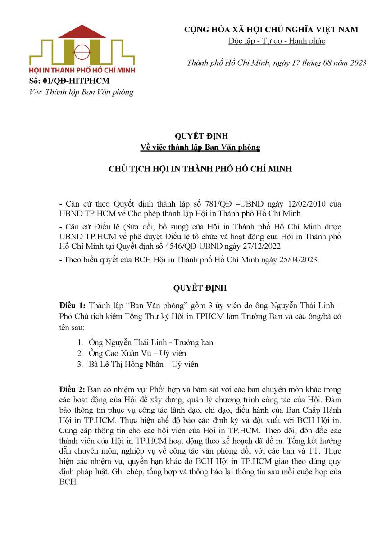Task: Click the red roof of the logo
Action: tap(82, 32)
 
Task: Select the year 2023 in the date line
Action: tap(358, 63)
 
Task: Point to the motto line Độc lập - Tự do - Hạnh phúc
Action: tap(277, 41)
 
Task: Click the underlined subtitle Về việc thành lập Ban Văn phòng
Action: tap(200, 147)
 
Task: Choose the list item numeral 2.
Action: tap(80, 353)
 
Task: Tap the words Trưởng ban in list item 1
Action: tap(195, 342)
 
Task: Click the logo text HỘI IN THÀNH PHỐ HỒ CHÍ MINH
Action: tap(82, 70)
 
